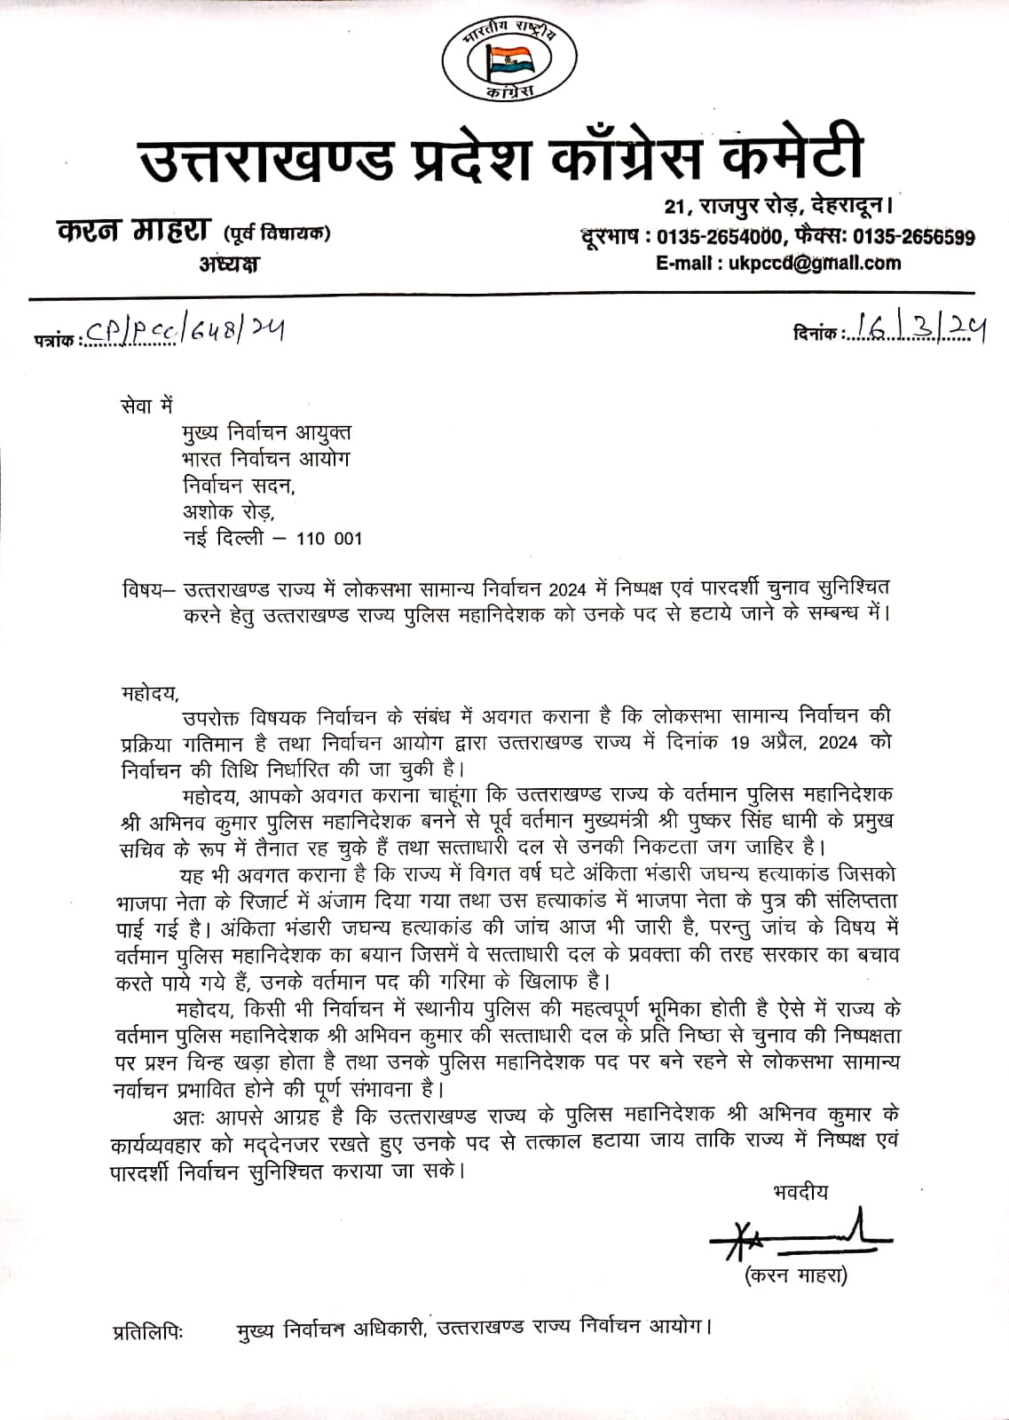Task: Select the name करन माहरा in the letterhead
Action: click(133, 233)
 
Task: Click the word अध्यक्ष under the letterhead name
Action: click(229, 264)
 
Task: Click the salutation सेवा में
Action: click(146, 406)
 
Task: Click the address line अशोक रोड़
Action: click(229, 511)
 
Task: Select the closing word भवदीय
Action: click(800, 1192)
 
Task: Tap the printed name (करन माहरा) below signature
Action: click(796, 1276)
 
